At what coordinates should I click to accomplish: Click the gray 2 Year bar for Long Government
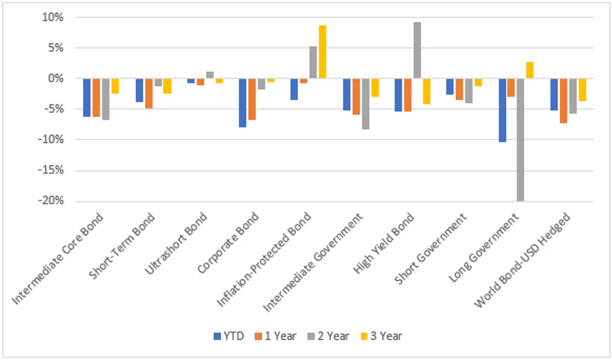coord(520,139)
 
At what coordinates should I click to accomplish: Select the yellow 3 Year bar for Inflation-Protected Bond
coord(322,52)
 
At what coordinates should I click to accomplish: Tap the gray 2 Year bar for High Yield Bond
coord(417,50)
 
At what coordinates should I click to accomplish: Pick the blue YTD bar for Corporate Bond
coord(243,103)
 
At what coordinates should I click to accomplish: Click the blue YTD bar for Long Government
coord(502,110)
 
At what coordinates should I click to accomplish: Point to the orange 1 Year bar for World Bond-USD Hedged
coord(563,101)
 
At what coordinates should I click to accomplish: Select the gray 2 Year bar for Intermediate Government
coord(365,104)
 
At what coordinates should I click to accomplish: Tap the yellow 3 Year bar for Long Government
coord(529,70)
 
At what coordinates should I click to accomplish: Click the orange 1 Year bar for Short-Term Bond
coord(149,93)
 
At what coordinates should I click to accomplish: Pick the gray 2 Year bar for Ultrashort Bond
coord(209,75)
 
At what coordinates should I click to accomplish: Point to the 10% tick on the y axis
coord(53,17)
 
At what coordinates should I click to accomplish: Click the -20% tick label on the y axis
coord(51,201)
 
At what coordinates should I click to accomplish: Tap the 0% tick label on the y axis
coord(55,78)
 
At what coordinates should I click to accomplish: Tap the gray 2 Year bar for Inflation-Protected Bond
coord(313,62)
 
